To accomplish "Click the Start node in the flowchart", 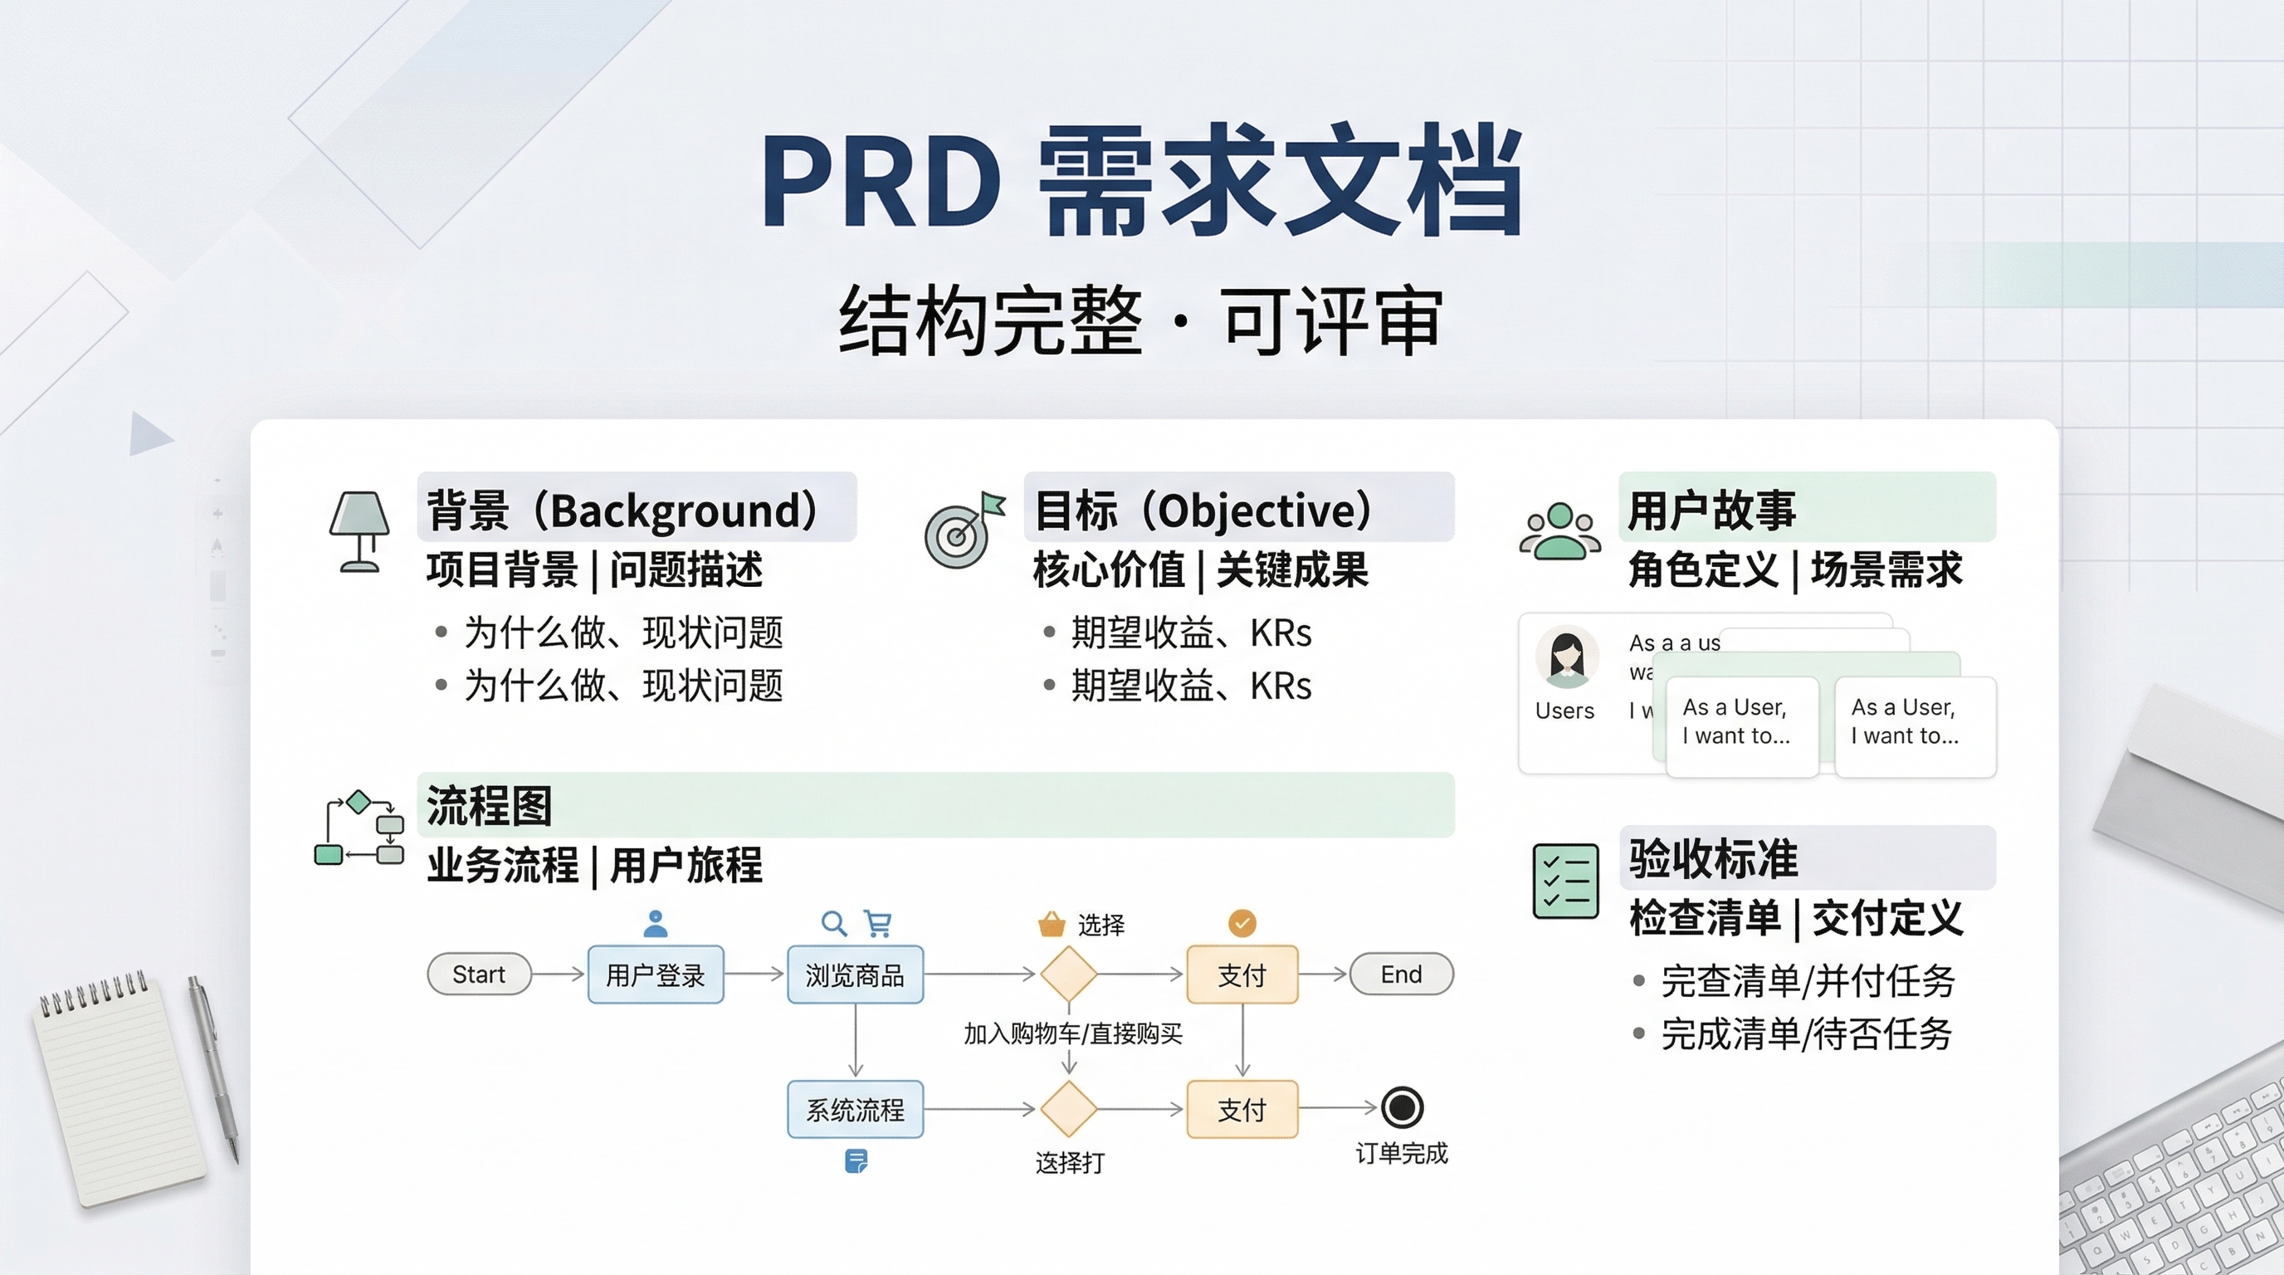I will point(479,975).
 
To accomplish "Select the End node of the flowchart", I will point(1401,975).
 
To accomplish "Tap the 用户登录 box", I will point(655,975).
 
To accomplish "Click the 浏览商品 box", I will point(855,975).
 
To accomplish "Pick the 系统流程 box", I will point(855,1109).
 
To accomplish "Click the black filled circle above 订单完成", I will point(1402,1107).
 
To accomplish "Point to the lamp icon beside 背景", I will point(359,531).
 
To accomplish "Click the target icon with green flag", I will point(963,530).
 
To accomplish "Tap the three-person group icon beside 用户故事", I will point(1560,531).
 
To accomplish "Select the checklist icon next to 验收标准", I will point(1566,882).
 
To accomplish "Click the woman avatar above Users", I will point(1567,657).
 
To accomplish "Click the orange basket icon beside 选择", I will point(1052,924).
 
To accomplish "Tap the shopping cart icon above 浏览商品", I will point(878,924).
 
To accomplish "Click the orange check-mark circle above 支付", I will point(1242,923).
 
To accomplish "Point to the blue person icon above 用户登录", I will point(655,924).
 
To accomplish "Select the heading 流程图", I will point(490,805).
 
